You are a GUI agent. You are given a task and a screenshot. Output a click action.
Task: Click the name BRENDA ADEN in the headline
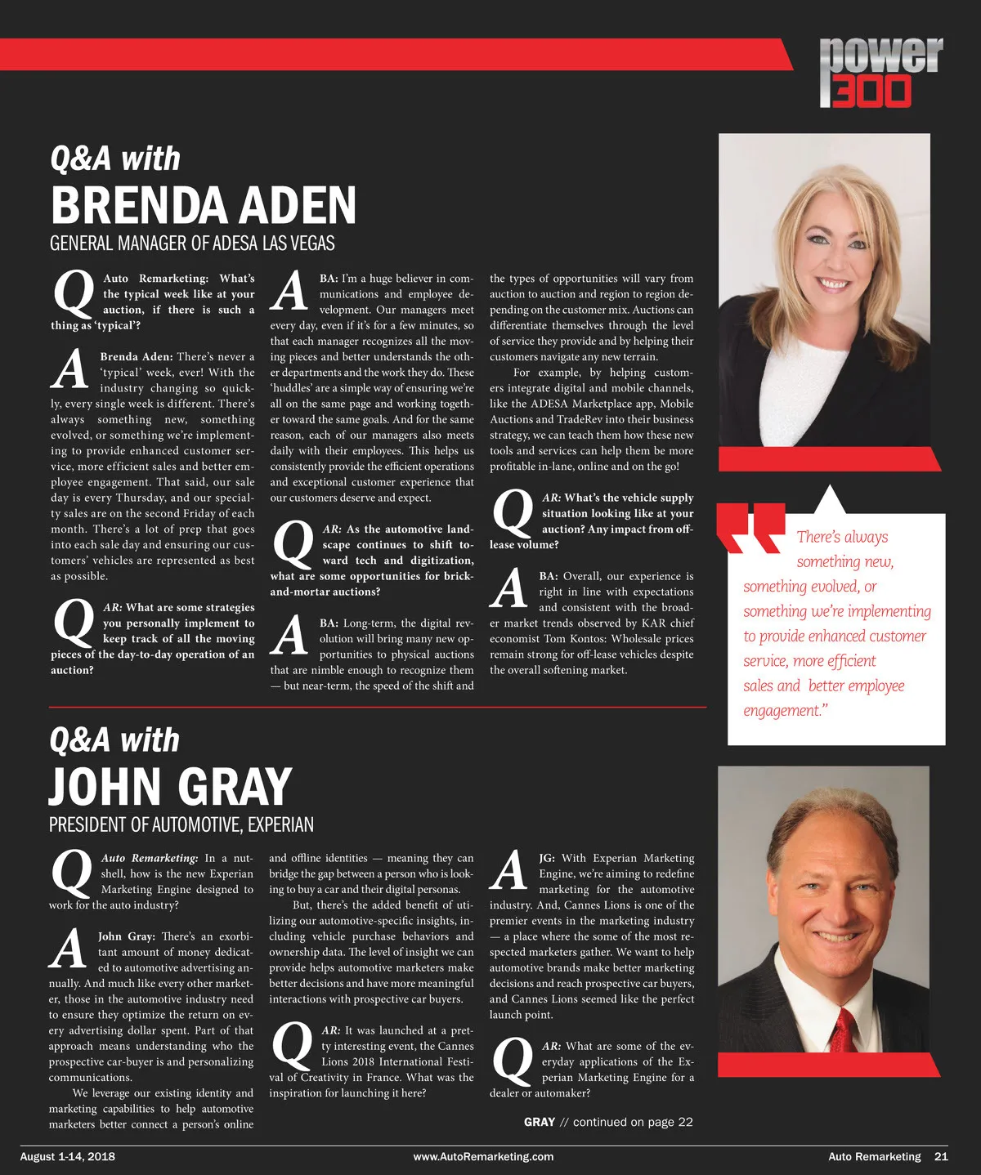[204, 205]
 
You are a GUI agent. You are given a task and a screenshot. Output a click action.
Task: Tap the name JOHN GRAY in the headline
[170, 786]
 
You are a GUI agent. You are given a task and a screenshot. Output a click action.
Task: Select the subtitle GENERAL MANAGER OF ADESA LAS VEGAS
[192, 243]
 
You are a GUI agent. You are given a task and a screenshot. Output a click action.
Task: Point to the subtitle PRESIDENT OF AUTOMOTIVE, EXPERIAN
[181, 824]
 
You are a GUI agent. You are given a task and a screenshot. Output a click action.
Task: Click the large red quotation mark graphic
[750, 529]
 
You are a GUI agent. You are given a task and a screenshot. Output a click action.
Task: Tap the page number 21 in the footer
[941, 1156]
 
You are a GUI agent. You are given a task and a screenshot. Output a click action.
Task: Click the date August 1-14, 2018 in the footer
[68, 1156]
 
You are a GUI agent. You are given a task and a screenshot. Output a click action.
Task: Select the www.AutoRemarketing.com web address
[483, 1156]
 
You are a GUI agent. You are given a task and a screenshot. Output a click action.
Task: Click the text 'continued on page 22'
[633, 1122]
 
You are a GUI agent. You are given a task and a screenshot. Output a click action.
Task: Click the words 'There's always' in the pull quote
[842, 537]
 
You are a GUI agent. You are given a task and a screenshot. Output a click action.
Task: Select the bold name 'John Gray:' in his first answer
[127, 936]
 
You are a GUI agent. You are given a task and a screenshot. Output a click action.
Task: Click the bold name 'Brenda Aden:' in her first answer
[136, 357]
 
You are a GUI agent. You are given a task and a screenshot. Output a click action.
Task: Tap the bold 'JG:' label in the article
[547, 858]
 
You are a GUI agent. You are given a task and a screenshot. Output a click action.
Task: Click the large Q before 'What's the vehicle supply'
[513, 512]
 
